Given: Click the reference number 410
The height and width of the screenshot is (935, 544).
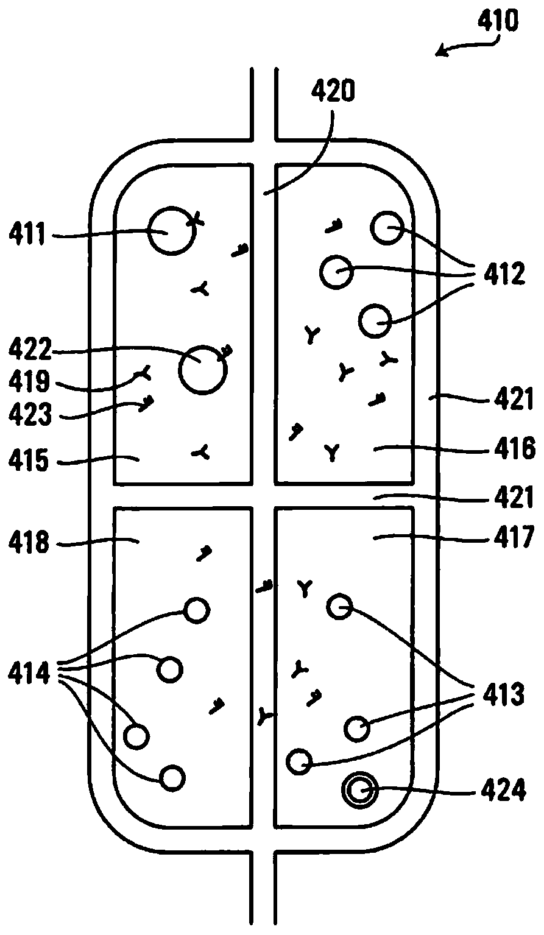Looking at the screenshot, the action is click(x=498, y=23).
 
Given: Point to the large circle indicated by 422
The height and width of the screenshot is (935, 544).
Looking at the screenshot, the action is click(x=202, y=370).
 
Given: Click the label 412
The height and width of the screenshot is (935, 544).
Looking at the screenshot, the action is click(x=502, y=275).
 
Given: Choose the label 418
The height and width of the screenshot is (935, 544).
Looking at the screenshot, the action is click(x=30, y=542).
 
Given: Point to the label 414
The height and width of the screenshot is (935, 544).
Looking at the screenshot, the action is click(x=30, y=672).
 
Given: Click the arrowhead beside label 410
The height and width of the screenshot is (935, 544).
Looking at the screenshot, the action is click(x=438, y=54).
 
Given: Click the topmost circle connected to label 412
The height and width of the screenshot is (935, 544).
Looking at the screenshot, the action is click(x=387, y=228).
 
